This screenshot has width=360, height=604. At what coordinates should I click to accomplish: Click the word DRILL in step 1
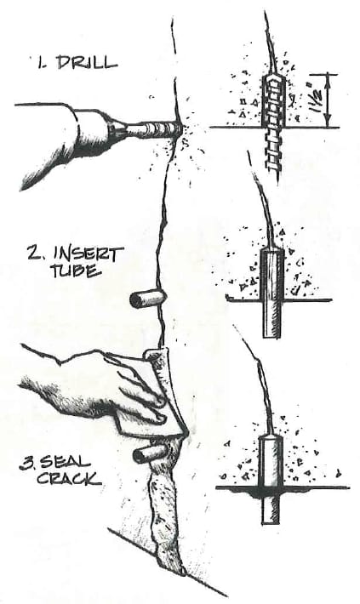[x=87, y=63]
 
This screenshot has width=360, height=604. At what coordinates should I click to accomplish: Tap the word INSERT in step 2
[x=89, y=255]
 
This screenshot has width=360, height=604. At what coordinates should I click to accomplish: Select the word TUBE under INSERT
[x=76, y=271]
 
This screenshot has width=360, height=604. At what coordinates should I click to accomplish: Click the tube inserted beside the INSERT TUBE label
[x=148, y=299]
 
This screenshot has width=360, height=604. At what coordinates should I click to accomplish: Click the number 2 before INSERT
[x=36, y=254]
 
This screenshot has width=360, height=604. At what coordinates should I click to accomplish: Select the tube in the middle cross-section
[x=272, y=293]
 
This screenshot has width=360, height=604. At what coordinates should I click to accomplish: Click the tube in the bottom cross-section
[x=271, y=480]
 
